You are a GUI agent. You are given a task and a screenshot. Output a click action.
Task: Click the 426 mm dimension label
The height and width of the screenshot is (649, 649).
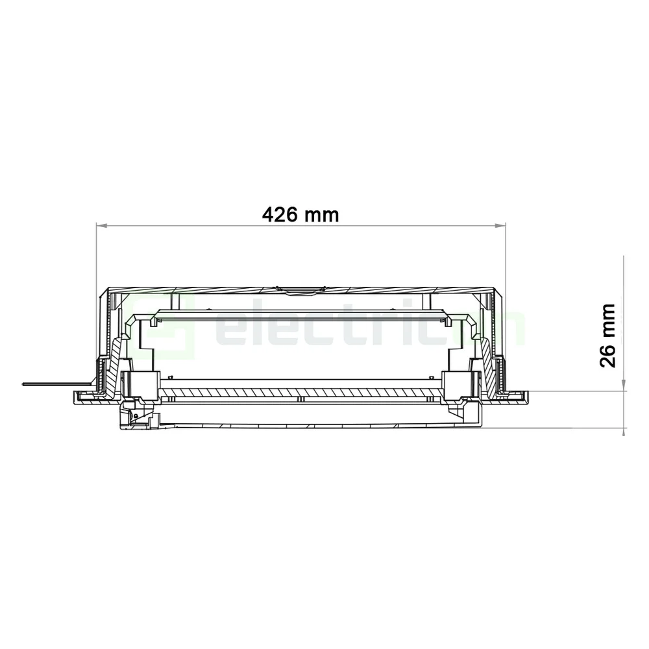click(x=300, y=214)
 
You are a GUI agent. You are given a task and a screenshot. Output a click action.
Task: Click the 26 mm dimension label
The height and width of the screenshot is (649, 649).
click(x=608, y=335)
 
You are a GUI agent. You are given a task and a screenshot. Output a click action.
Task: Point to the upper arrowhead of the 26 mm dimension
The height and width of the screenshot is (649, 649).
click(x=623, y=387)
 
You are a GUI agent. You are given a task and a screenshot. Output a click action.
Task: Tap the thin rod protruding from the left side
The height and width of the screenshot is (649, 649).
click(x=45, y=384)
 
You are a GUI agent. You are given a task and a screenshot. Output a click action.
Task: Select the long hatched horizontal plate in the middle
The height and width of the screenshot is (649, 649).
click(x=301, y=393)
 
